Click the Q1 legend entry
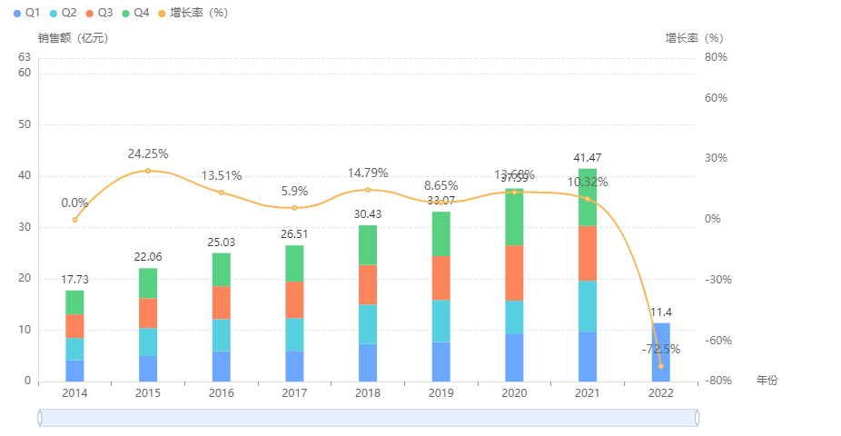point(26,13)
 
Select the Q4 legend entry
point(134,13)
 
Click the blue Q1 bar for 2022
point(660,352)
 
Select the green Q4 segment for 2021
point(588,197)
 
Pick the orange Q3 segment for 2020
point(514,272)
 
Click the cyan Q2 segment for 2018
point(368,323)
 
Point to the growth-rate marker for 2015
point(148,171)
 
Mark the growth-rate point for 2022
point(660,366)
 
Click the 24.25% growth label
point(148,154)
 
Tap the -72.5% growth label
point(660,349)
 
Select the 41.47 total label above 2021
point(588,158)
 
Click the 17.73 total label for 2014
point(74,280)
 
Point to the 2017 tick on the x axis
point(294,393)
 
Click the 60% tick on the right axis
point(716,98)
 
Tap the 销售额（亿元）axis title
point(73,38)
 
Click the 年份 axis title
point(767,380)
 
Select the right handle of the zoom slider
point(698,417)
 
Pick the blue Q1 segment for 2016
point(222,366)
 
